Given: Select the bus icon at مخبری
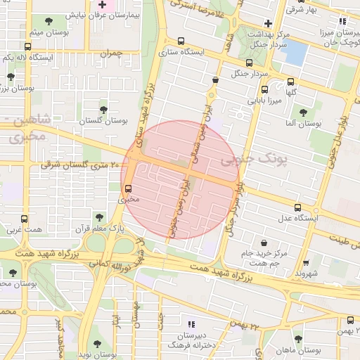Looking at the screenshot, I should (128, 188).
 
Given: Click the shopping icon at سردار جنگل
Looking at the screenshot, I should (214, 79).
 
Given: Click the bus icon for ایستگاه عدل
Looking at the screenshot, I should (298, 207).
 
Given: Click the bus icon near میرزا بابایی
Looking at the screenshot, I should (265, 90).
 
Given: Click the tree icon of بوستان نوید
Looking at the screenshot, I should (97, 344).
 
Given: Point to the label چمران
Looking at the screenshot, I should (111, 53).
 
